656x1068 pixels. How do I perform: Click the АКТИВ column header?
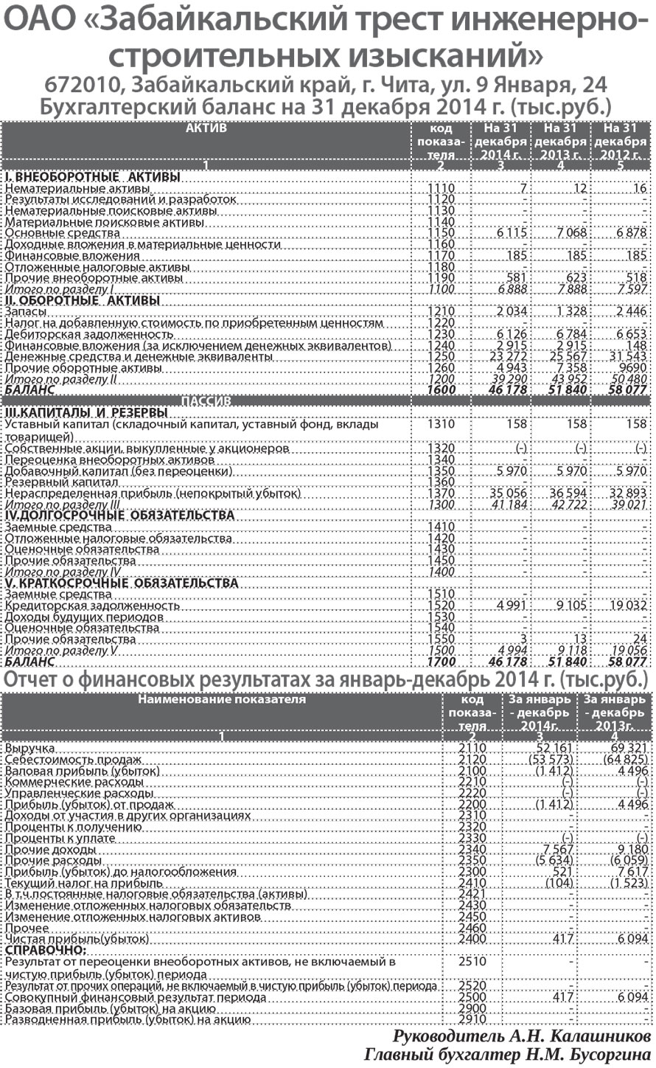click(206, 128)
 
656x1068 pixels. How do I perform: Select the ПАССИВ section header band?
click(206, 400)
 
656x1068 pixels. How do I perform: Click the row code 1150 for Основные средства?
click(441, 233)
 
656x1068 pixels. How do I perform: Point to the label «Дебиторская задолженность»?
click(78, 335)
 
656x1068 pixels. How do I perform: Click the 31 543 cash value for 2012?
click(627, 357)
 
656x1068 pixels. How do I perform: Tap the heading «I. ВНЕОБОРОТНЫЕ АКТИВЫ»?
click(93, 177)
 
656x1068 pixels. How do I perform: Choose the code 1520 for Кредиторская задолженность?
click(441, 606)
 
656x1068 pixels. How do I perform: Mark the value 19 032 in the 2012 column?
click(627, 606)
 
